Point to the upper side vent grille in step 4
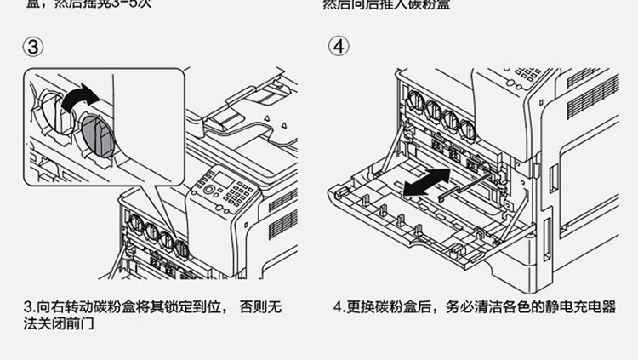592,99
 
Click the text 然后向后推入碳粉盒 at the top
385,4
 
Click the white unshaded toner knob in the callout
48,111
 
